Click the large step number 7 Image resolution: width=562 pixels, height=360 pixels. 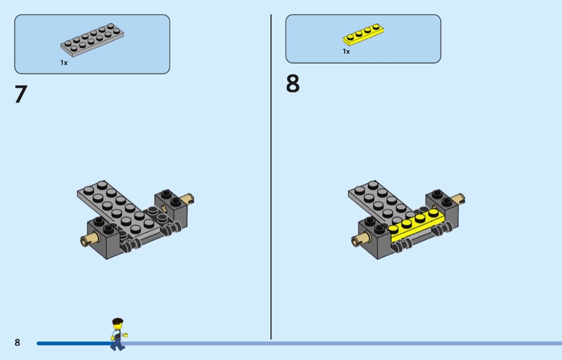pos(21,94)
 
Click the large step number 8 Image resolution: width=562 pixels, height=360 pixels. pos(292,83)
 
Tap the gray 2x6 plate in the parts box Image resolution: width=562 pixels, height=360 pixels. pos(92,40)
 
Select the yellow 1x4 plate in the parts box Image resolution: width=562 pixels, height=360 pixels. pos(363,35)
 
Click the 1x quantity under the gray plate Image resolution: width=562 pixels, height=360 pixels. pos(64,63)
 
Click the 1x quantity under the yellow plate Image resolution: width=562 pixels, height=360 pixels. pos(346,51)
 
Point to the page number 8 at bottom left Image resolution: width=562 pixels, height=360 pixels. pos(17,342)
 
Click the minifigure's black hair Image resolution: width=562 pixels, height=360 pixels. pos(118,321)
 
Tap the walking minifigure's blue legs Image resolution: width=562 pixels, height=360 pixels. pos(117,344)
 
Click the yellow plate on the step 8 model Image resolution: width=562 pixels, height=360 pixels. pos(416,225)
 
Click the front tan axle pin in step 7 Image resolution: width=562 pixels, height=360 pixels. pos(89,239)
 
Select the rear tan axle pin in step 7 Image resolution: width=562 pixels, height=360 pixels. pos(187,198)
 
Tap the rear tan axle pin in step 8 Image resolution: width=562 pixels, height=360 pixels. pos(458,198)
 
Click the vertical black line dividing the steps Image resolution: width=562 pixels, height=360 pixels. pos(271,177)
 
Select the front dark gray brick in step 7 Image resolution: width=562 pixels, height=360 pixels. pos(104,238)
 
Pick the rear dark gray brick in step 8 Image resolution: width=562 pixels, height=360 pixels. pos(442,208)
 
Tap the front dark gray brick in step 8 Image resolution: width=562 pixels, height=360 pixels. pos(375,238)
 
